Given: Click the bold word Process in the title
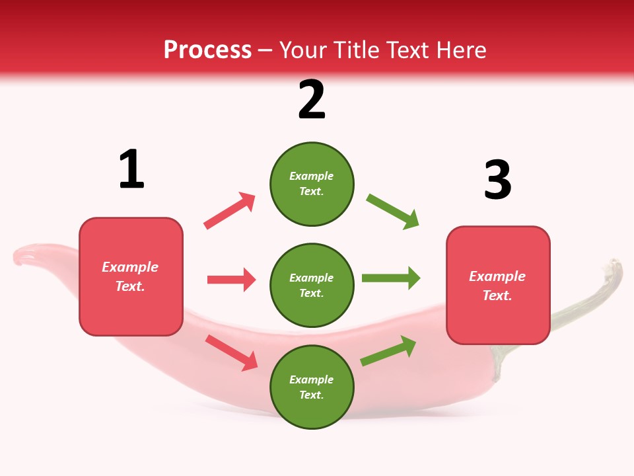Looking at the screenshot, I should click(x=207, y=50).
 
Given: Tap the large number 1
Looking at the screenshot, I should click(x=131, y=169).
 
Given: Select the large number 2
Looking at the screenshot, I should click(x=312, y=100).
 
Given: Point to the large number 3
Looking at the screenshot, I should click(x=497, y=179).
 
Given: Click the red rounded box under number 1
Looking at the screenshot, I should click(x=131, y=276).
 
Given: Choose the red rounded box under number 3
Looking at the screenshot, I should click(x=498, y=285).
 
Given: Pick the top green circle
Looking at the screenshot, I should click(x=312, y=184).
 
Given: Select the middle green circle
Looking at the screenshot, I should click(x=312, y=285).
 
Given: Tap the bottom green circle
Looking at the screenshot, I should click(x=312, y=387).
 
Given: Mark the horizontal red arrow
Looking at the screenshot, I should click(x=231, y=280).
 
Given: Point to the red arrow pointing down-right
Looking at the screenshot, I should click(x=232, y=352).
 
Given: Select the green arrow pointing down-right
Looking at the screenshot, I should click(x=393, y=211).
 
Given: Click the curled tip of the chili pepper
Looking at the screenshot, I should click(x=23, y=255).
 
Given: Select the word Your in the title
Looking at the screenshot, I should click(x=304, y=50).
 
